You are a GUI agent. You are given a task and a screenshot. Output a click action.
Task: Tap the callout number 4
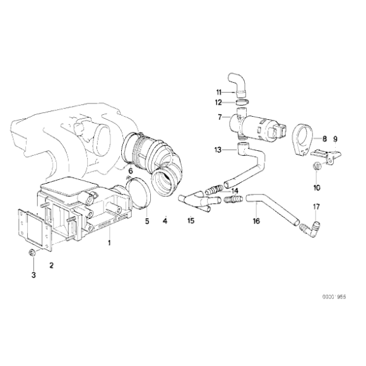coord(165,221)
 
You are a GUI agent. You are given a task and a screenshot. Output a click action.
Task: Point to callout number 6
coord(130,171)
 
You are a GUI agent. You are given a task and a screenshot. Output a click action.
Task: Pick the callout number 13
coord(218,150)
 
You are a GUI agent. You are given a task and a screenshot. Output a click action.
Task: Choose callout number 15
coord(190,221)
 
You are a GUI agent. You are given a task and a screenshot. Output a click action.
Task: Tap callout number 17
coord(316,206)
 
